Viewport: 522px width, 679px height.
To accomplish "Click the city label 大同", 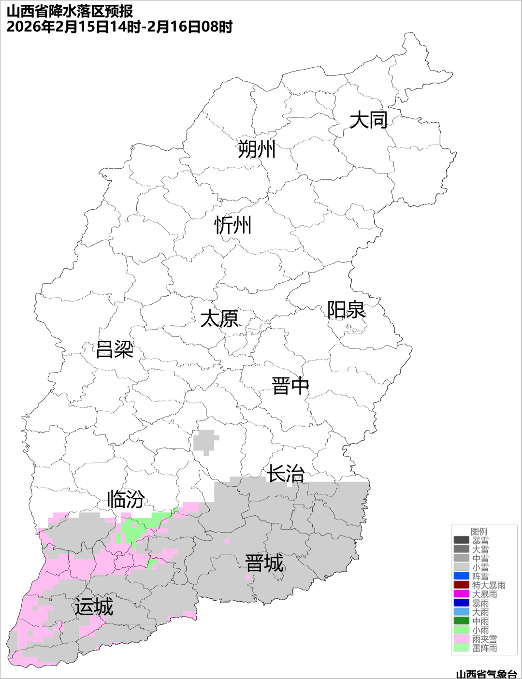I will coord(368,120).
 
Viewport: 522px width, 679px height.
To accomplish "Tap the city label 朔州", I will coord(256,149).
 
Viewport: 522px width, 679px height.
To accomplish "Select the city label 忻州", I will coord(233,225).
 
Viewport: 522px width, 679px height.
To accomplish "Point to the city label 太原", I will coord(219,319).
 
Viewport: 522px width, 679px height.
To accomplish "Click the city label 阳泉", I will coord(346,310).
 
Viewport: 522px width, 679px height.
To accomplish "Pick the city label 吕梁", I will coord(115,349).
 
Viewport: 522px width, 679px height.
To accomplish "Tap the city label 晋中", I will coord(290,386).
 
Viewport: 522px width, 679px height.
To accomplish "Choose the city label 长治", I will coord(286,474).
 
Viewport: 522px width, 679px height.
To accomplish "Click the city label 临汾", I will coord(126,499).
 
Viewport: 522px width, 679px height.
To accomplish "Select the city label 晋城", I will coord(264,563).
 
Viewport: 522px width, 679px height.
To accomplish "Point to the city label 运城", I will coord(94,607).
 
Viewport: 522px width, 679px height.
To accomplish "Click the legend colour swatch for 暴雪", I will coord(461,540).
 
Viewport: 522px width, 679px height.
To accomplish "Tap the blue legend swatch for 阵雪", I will coord(461,576).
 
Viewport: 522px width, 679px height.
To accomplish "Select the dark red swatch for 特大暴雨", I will coord(461,585).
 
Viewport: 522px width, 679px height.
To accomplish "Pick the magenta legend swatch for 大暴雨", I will coord(461,594).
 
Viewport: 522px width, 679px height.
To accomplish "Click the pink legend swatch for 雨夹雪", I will coord(461,639).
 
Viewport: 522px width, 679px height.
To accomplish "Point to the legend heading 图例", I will coord(479,531).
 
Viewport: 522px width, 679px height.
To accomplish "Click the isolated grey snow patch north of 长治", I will coord(205,441).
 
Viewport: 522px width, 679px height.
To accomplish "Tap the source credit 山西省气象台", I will coord(486,674).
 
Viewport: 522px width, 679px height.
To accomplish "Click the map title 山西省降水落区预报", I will coord(70,11).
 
